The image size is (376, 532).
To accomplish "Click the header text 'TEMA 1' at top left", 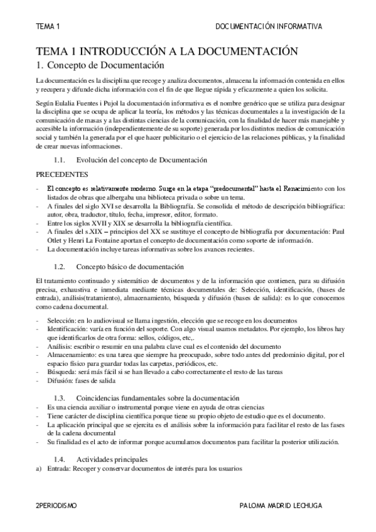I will pos(47,27).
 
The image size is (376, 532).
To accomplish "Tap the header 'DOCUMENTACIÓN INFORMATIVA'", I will pos(269,27).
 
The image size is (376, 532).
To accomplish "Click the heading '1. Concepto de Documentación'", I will pos(100,65).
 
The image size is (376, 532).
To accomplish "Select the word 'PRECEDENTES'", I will pos(62,174).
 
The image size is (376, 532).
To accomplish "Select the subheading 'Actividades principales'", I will pos(112,459).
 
